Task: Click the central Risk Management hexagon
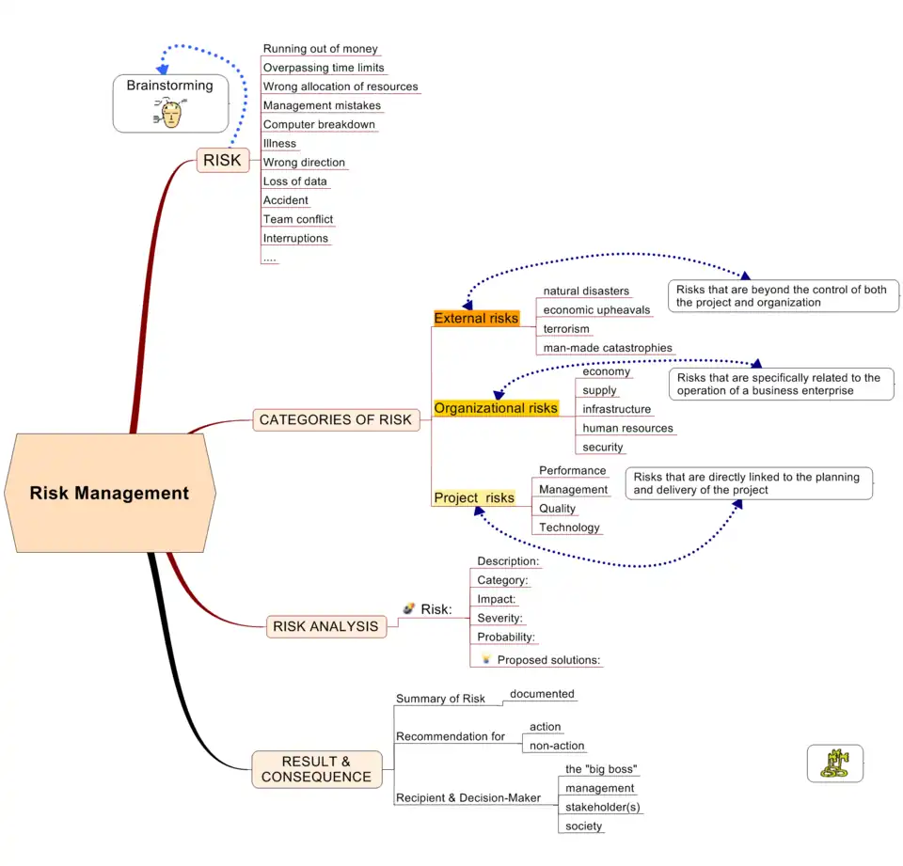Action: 110,493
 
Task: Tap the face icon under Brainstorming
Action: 170,113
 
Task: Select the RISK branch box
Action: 222,160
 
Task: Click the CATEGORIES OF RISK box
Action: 336,419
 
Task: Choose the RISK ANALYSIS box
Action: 325,626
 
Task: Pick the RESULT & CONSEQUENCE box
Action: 316,769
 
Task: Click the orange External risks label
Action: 476,318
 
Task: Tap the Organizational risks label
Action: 496,408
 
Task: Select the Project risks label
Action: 474,497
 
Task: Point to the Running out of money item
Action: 320,49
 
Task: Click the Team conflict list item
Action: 298,219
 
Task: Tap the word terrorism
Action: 566,329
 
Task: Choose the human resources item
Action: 627,428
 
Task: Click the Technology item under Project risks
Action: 569,527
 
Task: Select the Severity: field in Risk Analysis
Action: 499,618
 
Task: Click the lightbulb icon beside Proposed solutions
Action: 486,659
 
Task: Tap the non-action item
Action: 557,746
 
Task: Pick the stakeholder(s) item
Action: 603,807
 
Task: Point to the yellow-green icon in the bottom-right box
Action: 834,763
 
